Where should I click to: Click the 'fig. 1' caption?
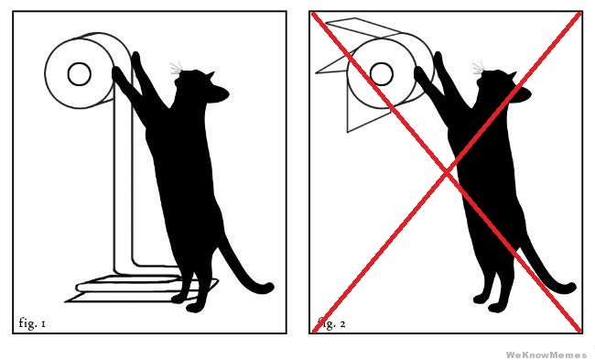tap(32, 323)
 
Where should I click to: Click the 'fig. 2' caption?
tap(331, 323)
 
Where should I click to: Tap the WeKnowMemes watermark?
tap(546, 355)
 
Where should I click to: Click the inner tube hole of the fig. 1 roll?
tap(79, 73)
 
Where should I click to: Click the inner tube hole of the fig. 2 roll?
tap(381, 73)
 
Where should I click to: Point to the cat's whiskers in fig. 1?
tap(176, 68)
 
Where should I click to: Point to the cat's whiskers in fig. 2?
tap(478, 68)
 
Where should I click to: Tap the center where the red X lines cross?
tap(448, 173)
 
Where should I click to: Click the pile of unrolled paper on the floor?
tap(140, 289)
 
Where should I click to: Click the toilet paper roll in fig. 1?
tap(88, 71)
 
